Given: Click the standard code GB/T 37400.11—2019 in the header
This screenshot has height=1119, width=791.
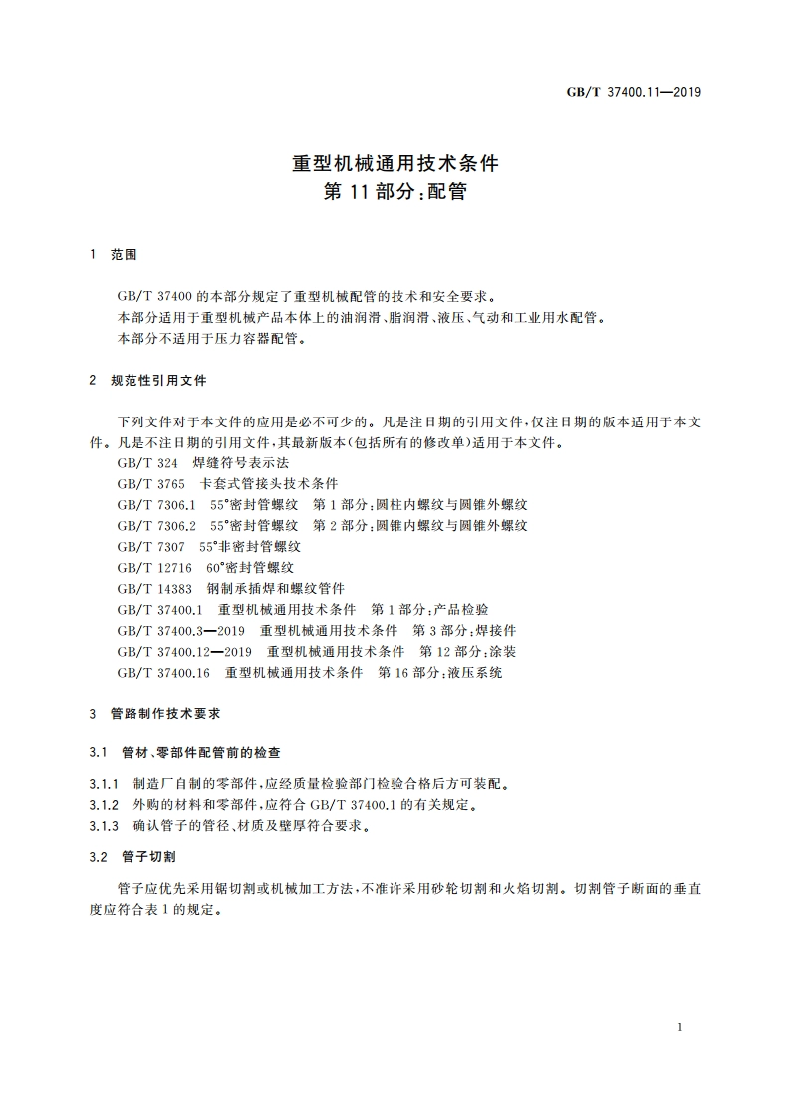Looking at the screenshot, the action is point(634,92).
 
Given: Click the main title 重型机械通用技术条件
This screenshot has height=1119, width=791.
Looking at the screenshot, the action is point(395,163).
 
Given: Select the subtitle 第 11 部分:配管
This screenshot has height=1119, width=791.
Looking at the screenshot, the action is point(395,193).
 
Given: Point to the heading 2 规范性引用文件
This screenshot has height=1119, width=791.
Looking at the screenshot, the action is point(147,381).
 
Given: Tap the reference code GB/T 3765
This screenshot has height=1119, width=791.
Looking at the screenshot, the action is point(145,483).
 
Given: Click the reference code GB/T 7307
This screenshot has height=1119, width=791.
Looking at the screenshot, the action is point(145,546).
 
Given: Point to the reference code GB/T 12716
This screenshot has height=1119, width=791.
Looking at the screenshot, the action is point(148,567).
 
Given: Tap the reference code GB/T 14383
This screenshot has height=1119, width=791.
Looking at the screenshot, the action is point(148,588).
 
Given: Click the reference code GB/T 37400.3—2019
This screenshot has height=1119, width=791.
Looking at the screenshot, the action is point(180,631).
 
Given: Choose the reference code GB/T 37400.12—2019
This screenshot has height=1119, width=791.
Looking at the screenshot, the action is point(184,652).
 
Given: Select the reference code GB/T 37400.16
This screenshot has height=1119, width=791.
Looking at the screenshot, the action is point(163,673).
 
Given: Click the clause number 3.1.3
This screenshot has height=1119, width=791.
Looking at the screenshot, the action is point(104,826).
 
